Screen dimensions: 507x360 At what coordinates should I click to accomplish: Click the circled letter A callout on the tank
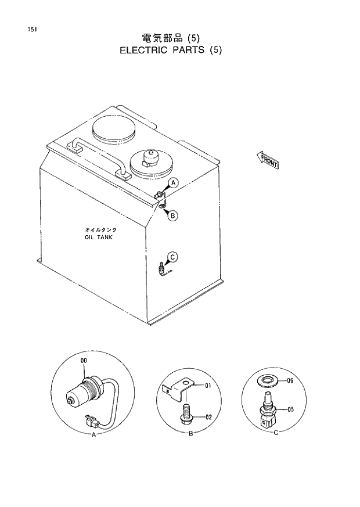[x=173, y=184]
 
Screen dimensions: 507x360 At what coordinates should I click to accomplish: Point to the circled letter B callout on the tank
[x=173, y=215]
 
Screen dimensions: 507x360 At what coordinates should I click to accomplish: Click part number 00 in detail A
[x=84, y=361]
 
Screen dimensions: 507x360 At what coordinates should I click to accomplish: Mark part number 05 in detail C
[x=290, y=409]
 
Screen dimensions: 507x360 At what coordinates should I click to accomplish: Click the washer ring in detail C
[x=268, y=381]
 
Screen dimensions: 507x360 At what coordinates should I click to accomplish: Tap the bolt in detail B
[x=186, y=416]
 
